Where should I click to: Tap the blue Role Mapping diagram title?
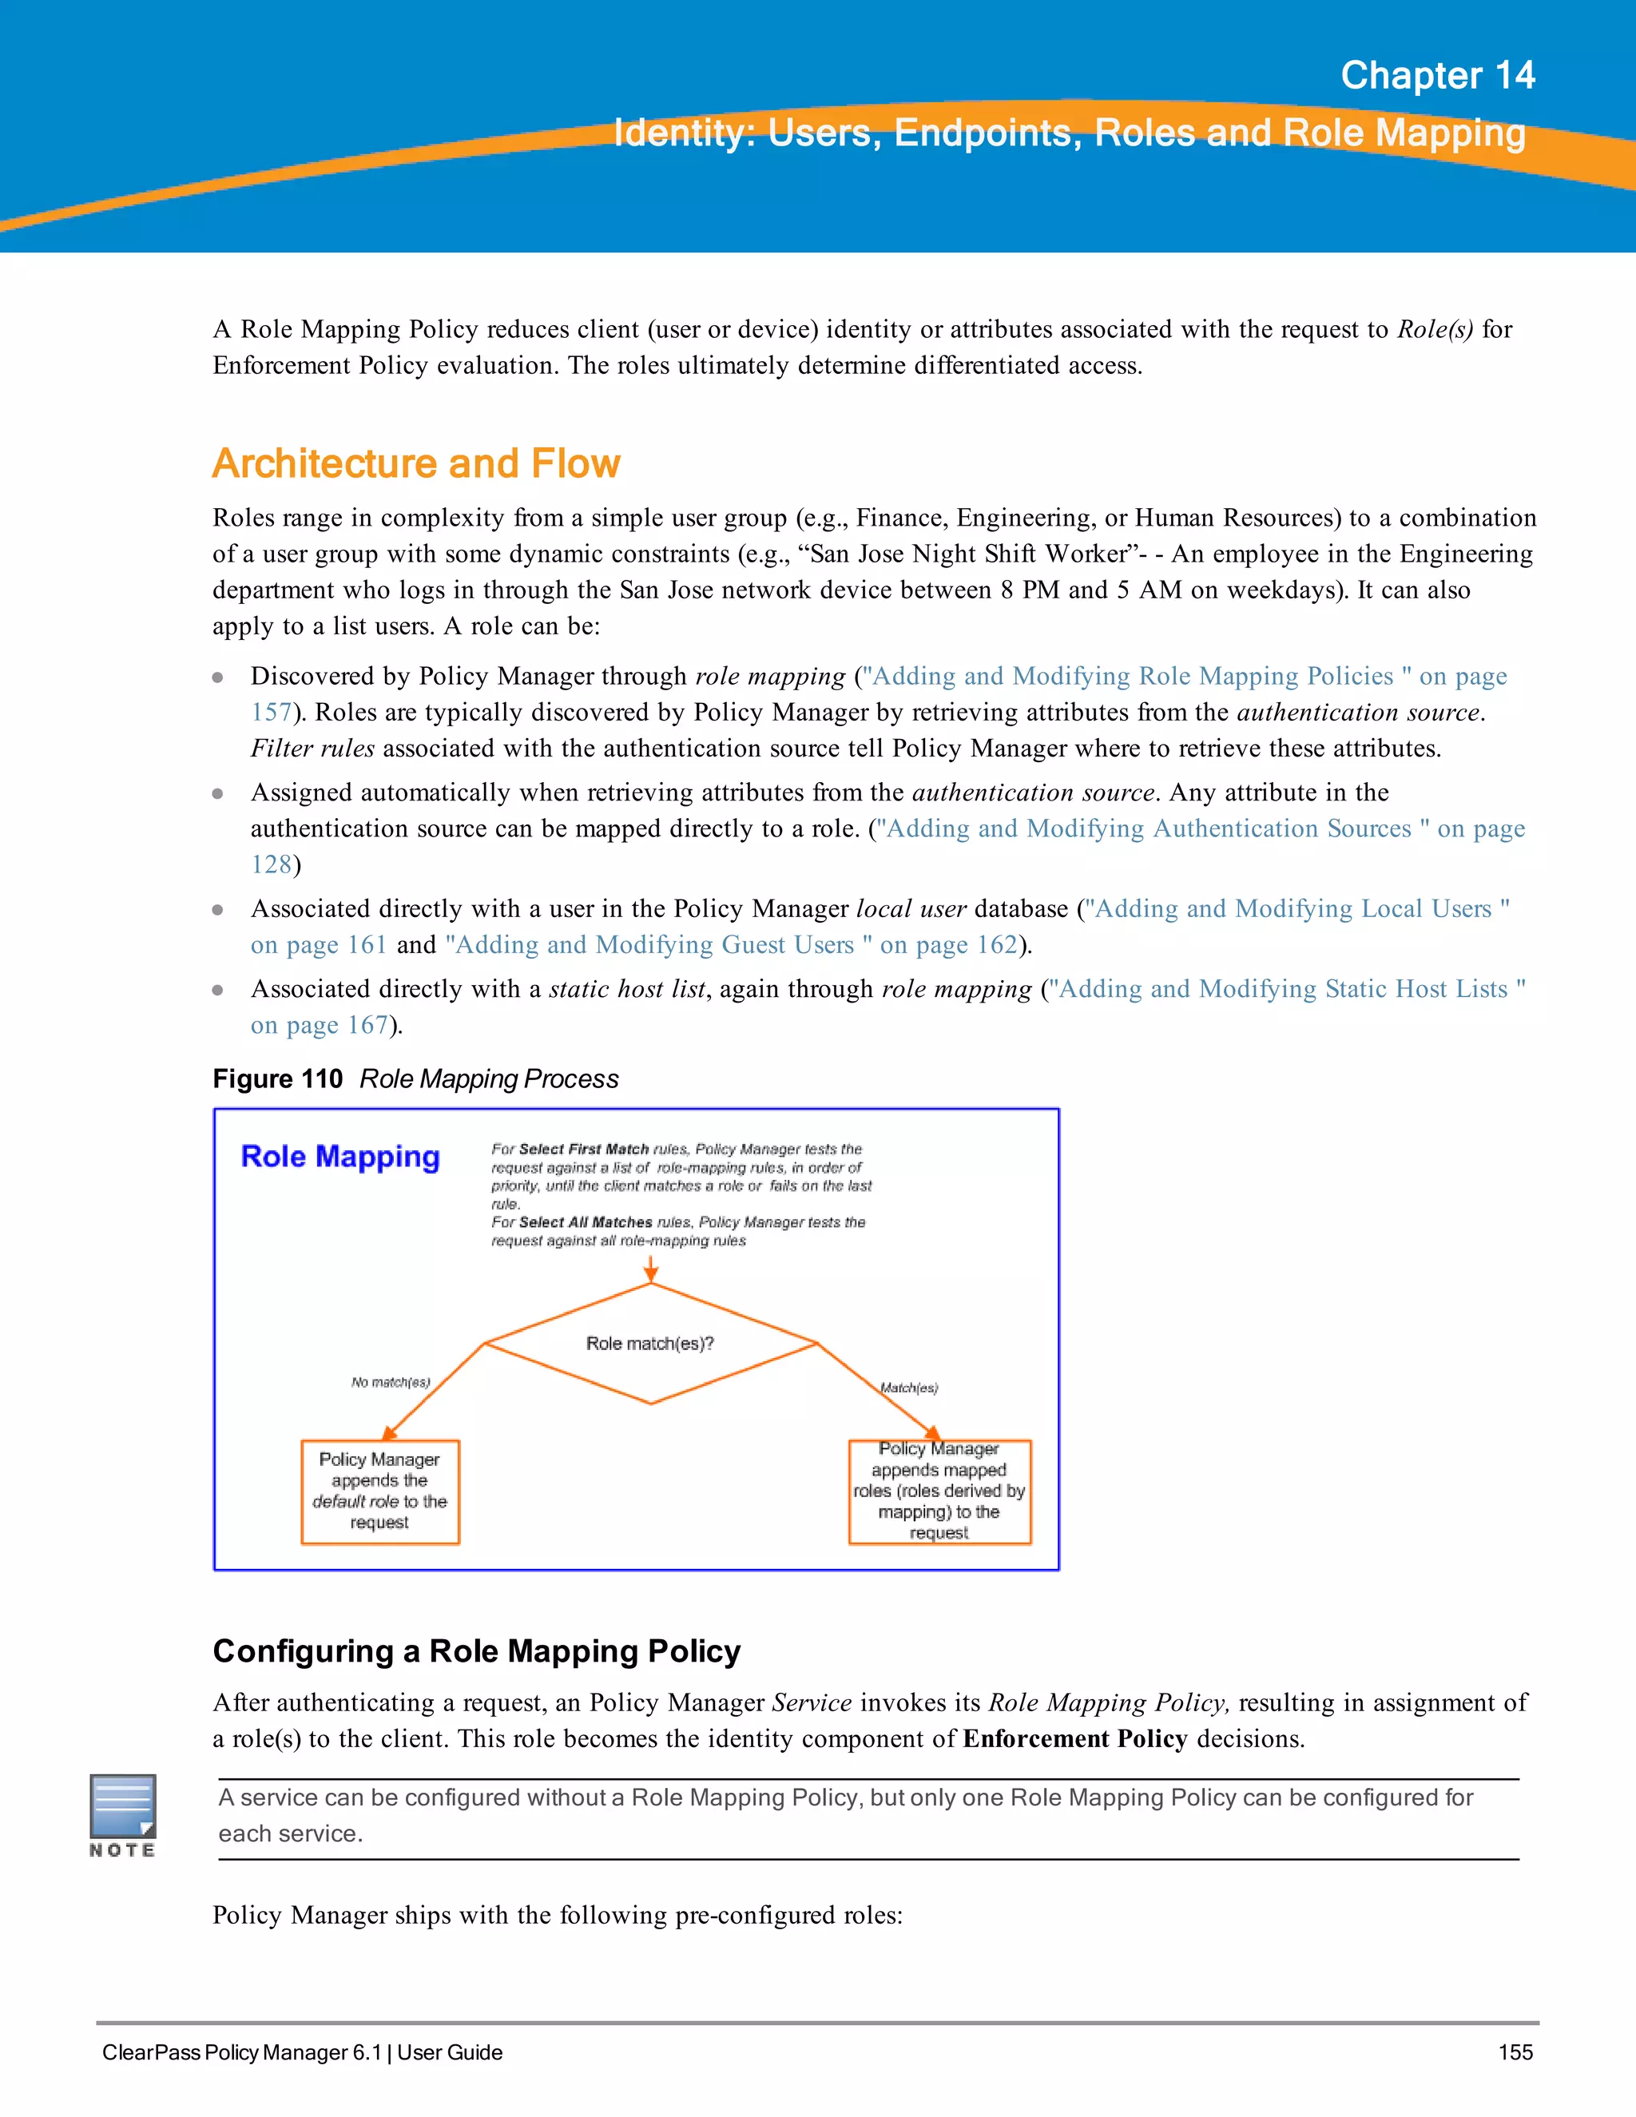pyautogui.click(x=340, y=1157)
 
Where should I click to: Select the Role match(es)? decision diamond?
pyautogui.click(x=650, y=1344)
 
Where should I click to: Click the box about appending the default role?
pyautogui.click(x=380, y=1491)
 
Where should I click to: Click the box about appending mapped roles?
pyautogui.click(x=939, y=1491)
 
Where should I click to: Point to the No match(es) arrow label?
pyautogui.click(x=391, y=1382)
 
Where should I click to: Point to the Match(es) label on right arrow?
pyautogui.click(x=909, y=1388)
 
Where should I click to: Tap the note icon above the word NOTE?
pyautogui.click(x=123, y=1805)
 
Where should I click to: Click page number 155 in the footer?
pyautogui.click(x=1515, y=2052)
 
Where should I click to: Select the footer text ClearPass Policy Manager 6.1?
pyautogui.click(x=242, y=2052)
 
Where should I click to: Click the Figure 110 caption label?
pyautogui.click(x=277, y=1078)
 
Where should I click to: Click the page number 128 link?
pyautogui.click(x=272, y=864)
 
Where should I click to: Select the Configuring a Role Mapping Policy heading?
pyautogui.click(x=477, y=1650)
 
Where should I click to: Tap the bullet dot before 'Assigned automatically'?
pyautogui.click(x=218, y=794)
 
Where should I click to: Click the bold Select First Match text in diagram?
pyautogui.click(x=583, y=1149)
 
